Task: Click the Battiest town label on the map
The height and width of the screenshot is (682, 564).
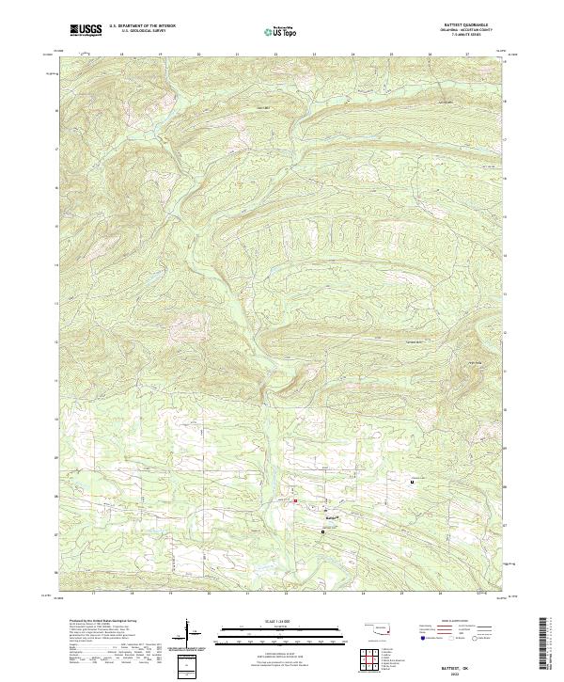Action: (332, 515)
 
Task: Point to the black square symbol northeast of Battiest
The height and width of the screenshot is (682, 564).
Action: (412, 483)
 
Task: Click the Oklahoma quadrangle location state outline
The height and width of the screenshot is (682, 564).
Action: (377, 628)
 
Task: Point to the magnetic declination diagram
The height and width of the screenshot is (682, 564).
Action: (192, 636)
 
